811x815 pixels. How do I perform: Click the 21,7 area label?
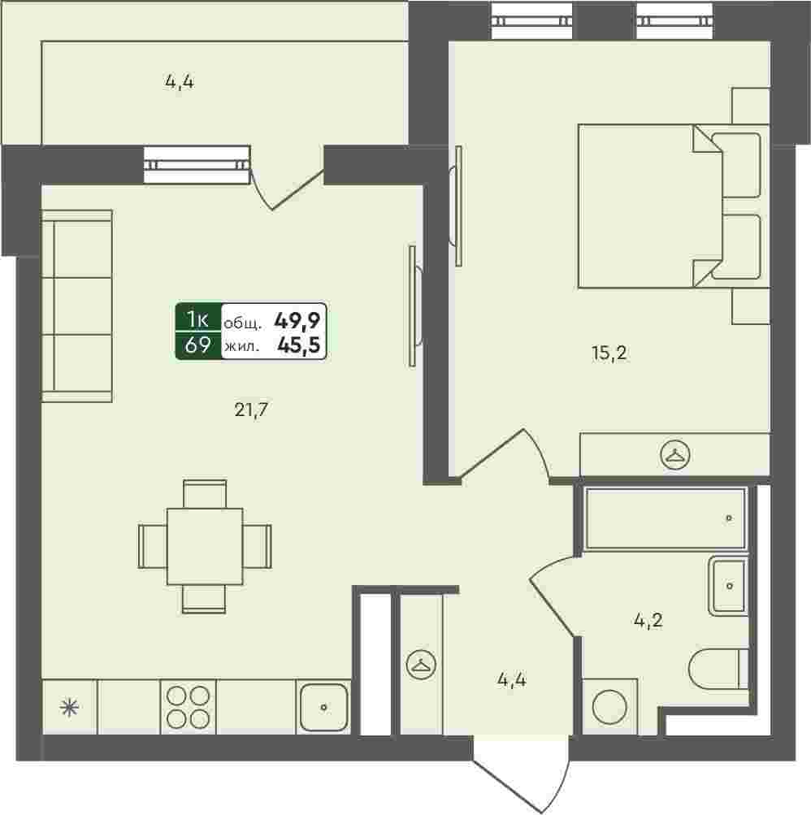coord(251,410)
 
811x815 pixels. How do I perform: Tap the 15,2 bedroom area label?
coord(609,353)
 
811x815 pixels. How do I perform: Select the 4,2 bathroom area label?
coord(648,620)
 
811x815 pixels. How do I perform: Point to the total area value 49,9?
coord(297,321)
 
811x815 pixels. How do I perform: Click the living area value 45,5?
coord(298,345)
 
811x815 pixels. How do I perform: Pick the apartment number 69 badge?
coord(197,345)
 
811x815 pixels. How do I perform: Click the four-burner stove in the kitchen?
coord(189,707)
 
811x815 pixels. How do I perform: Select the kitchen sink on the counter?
coord(324,707)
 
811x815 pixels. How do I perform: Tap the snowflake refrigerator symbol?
coord(69,708)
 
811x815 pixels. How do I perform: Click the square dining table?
coord(205,546)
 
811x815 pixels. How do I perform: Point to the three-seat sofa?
coord(77,306)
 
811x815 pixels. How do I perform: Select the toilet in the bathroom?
coord(718,670)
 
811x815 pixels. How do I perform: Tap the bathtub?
coord(666,518)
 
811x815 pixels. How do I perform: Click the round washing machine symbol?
coord(609,707)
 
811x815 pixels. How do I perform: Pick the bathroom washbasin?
coord(730,586)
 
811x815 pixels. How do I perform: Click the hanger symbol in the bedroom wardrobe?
coord(674,455)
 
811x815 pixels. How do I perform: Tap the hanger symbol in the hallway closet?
coord(421,665)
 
